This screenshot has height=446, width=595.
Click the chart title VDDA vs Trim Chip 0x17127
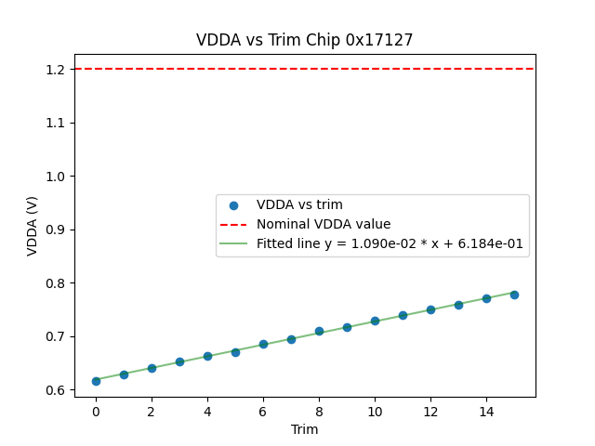[304, 40]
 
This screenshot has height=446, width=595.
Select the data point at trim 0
[96, 381]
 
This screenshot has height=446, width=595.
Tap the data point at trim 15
[514, 295]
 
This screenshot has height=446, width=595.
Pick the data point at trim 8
[319, 331]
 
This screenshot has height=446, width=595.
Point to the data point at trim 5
[235, 352]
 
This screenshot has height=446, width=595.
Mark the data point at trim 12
[430, 309]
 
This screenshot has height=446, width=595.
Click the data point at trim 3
[179, 361]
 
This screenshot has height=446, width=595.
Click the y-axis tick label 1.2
[54, 70]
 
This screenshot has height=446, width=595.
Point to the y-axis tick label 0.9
[54, 230]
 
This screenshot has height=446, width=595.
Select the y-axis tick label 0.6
[54, 390]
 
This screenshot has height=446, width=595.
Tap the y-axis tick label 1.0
[54, 177]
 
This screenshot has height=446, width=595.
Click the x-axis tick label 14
[486, 410]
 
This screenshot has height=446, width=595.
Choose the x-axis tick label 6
[263, 410]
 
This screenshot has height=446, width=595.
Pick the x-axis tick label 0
[96, 410]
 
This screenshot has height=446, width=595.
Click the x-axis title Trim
[304, 429]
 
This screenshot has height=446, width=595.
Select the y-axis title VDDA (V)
[33, 226]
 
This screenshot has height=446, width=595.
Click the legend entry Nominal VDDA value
[324, 224]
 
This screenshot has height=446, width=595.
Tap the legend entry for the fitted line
[390, 244]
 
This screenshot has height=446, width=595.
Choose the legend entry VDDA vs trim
[299, 204]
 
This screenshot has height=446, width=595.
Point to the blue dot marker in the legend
[234, 205]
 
